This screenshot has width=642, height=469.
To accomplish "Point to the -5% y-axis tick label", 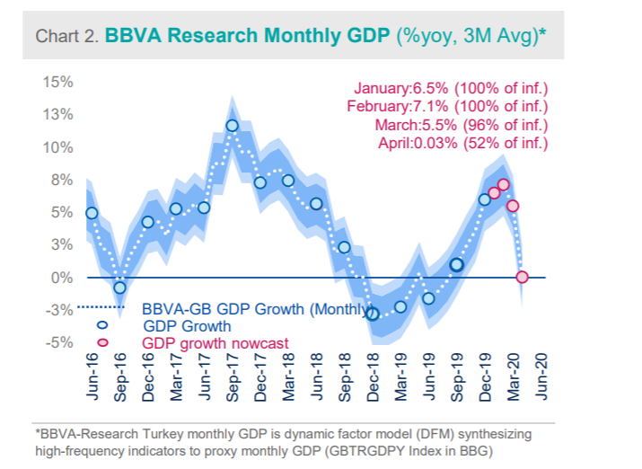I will [60, 342].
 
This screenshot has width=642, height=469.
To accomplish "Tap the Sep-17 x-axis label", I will [233, 377].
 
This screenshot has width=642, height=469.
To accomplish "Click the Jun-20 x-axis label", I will [541, 377].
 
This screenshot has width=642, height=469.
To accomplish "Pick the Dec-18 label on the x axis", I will [373, 377].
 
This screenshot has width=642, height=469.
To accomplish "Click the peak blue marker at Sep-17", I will [233, 126].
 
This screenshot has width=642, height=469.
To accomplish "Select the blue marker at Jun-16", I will [92, 213].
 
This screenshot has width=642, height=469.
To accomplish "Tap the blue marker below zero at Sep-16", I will [119, 288].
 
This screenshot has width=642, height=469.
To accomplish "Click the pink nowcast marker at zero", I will [523, 278].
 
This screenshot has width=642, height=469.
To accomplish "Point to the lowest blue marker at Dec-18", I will [373, 314].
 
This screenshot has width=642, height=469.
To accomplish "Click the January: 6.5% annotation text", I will [451, 88].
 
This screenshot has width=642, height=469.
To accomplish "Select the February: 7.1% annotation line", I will [447, 106].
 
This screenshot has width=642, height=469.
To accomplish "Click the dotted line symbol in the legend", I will [100, 310].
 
